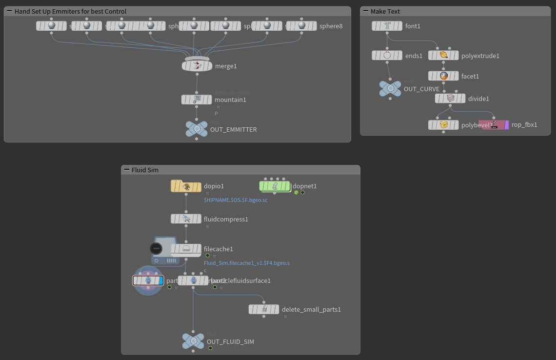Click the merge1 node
point(197,66)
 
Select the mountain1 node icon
point(197,100)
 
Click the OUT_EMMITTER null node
point(197,129)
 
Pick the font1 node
point(387,26)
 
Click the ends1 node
point(387,56)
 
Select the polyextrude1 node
point(443,56)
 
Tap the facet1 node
point(443,76)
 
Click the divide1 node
point(450,99)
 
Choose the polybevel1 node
point(443,125)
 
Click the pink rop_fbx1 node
point(494,125)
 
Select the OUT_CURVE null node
point(390,89)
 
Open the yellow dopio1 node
point(186,186)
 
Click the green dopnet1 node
point(275,186)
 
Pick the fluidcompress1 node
point(186,219)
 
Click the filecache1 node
point(186,249)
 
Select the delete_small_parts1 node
point(264,309)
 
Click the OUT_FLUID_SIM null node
point(193,341)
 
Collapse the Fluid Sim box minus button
point(126,170)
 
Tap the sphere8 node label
point(331,26)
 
